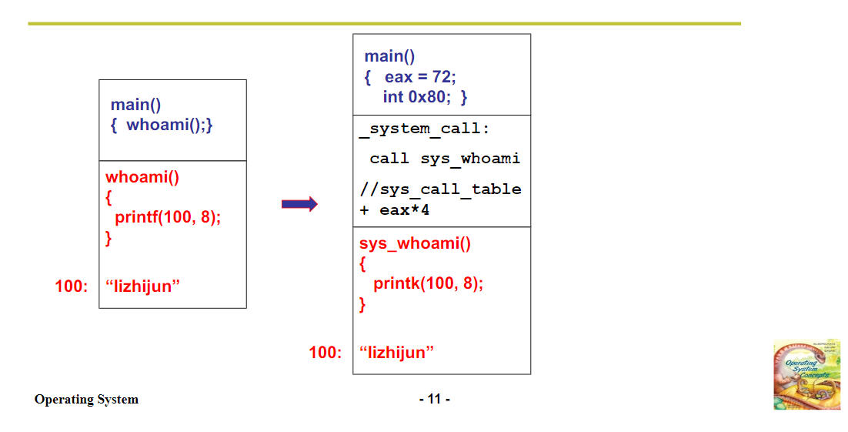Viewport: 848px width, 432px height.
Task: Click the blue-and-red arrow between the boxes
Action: pos(299,204)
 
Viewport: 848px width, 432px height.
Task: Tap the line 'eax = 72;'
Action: pos(420,77)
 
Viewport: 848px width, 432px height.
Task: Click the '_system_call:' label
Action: pos(424,129)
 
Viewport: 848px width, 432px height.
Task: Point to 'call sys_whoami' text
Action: pos(445,159)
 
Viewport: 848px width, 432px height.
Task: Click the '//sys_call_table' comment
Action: pos(440,189)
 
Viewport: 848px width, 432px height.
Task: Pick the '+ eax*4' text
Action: pos(394,209)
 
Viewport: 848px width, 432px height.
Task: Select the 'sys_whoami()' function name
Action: pos(415,244)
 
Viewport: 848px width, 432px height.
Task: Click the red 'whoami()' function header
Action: pos(142,177)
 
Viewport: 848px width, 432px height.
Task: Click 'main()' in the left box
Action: pos(135,105)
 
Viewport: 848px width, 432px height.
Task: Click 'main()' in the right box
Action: pos(389,56)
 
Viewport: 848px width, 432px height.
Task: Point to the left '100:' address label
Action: pos(72,286)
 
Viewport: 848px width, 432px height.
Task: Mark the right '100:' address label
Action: pos(325,353)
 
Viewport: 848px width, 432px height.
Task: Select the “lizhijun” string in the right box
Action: pos(396,353)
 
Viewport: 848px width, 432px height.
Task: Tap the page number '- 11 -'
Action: pos(435,399)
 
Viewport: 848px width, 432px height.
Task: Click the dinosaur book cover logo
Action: pos(806,374)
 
